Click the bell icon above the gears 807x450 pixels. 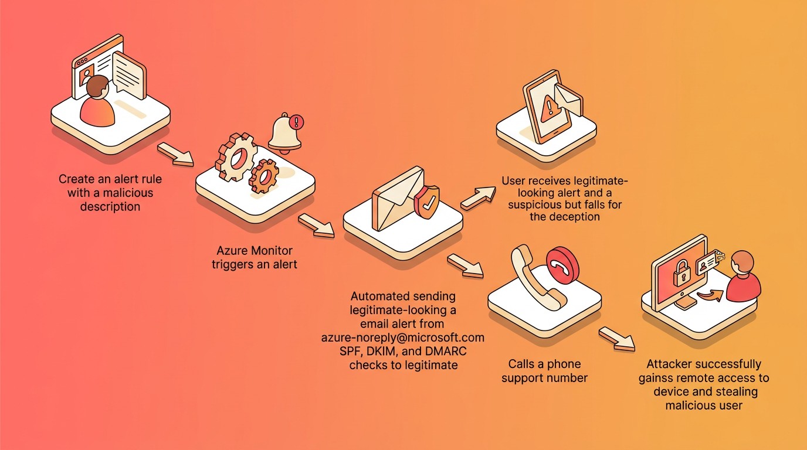click(x=284, y=133)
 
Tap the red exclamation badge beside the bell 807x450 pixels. click(x=297, y=122)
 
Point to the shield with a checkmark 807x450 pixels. click(x=427, y=202)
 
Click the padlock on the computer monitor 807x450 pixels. click(x=680, y=274)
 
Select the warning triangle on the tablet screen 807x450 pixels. click(x=549, y=107)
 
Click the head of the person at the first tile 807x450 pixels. click(x=97, y=87)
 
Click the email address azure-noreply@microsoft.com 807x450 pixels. click(x=403, y=337)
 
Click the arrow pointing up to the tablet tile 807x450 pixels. click(x=479, y=197)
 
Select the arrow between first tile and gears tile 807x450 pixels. click(x=175, y=154)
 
